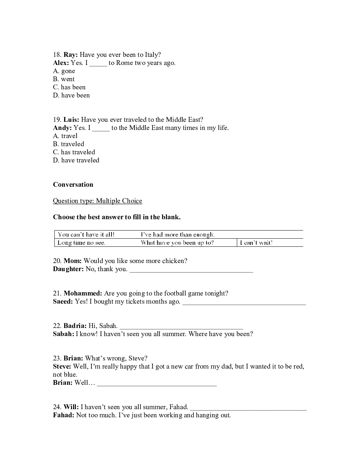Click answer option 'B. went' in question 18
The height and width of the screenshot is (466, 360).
coord(64,79)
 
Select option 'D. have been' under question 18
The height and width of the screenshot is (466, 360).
coord(71,95)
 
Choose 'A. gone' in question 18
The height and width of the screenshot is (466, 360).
coord(64,71)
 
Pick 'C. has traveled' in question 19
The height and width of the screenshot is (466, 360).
coord(74,152)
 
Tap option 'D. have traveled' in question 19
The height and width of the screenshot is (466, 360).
coord(76,160)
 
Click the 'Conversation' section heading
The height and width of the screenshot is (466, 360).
coord(73,185)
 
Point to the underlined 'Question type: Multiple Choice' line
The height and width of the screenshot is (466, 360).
coord(97,201)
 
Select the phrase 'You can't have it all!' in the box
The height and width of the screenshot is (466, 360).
coord(86,234)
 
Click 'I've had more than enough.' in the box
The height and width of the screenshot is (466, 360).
coord(178,234)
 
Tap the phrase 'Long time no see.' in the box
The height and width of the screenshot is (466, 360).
coord(82,243)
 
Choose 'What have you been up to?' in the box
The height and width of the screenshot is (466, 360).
coord(177,243)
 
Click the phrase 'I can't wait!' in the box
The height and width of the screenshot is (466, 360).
coord(256,243)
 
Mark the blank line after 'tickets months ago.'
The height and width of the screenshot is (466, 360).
coord(244,303)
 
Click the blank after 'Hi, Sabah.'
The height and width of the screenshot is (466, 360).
coord(181,328)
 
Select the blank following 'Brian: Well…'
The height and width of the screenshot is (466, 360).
coord(157,384)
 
